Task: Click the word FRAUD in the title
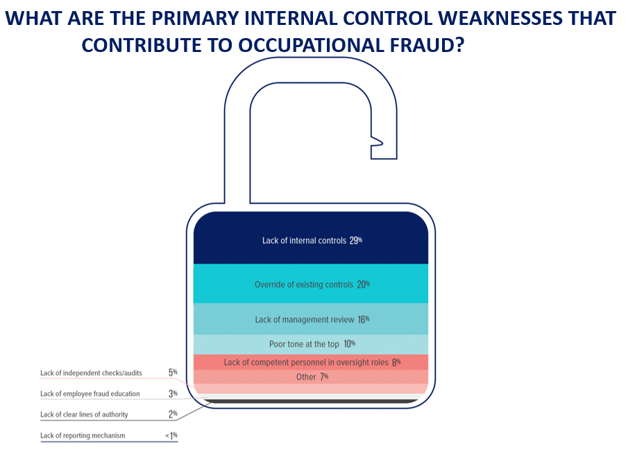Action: pyautogui.click(x=427, y=45)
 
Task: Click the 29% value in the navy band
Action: pyautogui.click(x=356, y=241)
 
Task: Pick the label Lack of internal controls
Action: pyautogui.click(x=304, y=241)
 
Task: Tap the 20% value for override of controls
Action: pyautogui.click(x=363, y=284)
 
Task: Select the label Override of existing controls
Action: pyautogui.click(x=304, y=285)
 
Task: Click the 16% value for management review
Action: pyautogui.click(x=363, y=320)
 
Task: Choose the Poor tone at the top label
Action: pyautogui.click(x=304, y=344)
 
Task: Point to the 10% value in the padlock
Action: pyautogui.click(x=349, y=344)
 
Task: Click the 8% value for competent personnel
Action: pyautogui.click(x=396, y=362)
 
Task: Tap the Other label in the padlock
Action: pyautogui.click(x=306, y=377)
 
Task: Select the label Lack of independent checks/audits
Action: pyautogui.click(x=91, y=373)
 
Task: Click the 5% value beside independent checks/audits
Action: pyautogui.click(x=173, y=372)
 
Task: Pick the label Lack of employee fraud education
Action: pyautogui.click(x=90, y=394)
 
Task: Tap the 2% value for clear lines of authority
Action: pyautogui.click(x=173, y=414)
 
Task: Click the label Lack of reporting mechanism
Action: pyautogui.click(x=83, y=436)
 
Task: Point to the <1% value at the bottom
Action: pyautogui.click(x=171, y=435)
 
